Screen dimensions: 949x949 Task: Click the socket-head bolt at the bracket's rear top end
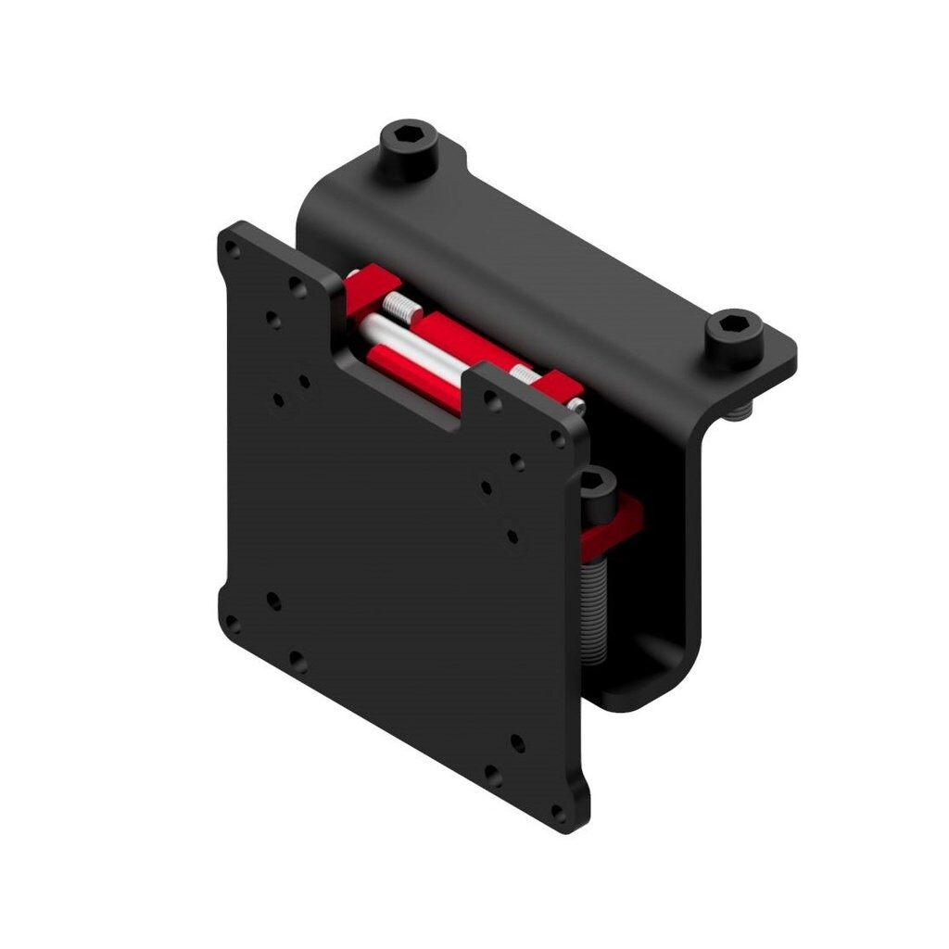click(408, 148)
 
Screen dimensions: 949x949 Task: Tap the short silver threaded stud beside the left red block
click(399, 303)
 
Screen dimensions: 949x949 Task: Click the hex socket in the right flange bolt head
click(735, 326)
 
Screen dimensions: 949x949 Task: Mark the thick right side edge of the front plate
click(582, 630)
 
